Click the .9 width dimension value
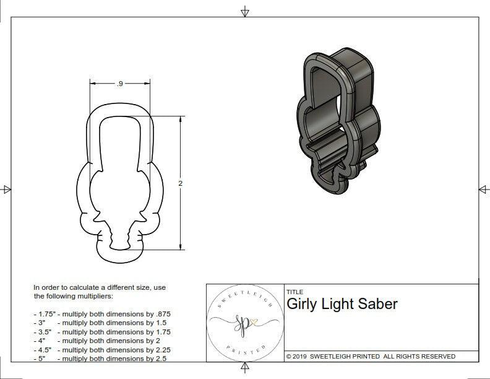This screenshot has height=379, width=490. coord(119,84)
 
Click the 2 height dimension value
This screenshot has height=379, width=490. coord(180,183)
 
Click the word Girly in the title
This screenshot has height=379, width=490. coord(302,304)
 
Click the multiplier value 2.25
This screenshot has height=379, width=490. coord(160,349)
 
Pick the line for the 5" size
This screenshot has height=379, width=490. coord(100,358)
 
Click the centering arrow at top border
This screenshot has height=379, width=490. coord(245,11)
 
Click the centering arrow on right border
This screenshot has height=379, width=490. coord(483,189)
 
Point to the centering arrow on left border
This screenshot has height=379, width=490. coord(7,189)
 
